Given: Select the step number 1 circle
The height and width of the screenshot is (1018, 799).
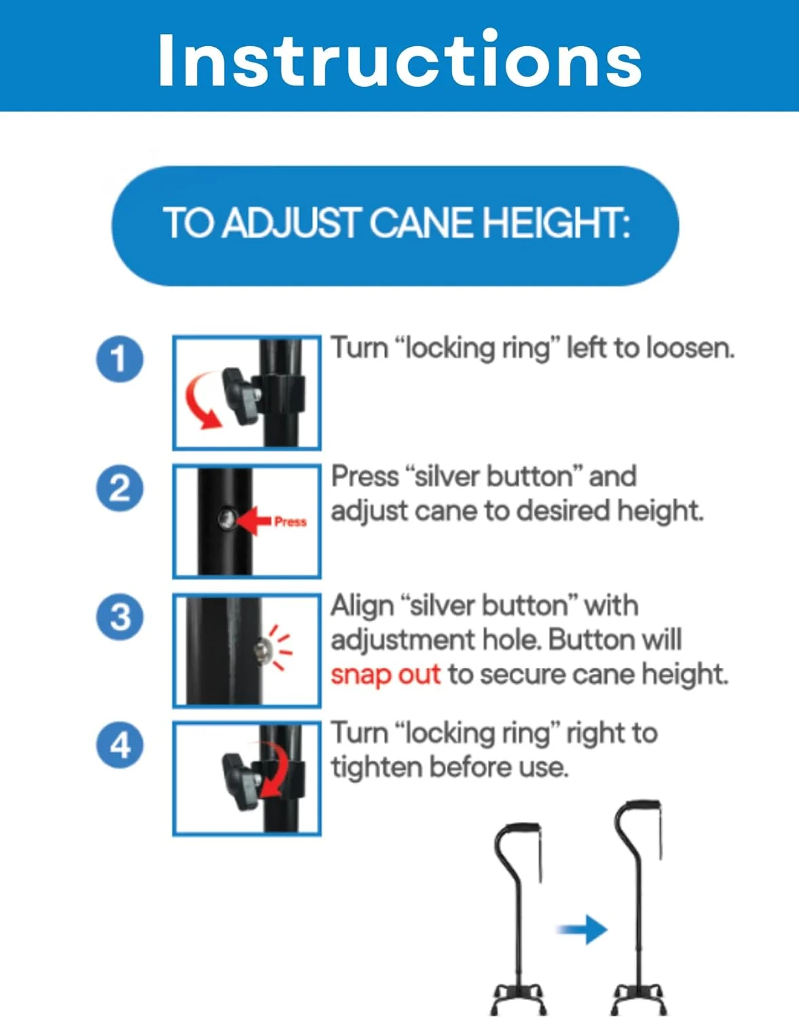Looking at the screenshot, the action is (x=120, y=359).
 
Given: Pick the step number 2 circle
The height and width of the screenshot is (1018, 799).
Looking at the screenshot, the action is (x=120, y=488).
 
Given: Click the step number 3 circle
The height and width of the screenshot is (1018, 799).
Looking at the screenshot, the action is (x=120, y=616).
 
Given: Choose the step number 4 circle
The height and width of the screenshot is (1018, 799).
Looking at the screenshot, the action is (x=120, y=745).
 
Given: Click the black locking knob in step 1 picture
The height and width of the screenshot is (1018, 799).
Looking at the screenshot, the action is (x=240, y=396).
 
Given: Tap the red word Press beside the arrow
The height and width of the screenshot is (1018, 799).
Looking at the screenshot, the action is (x=290, y=521).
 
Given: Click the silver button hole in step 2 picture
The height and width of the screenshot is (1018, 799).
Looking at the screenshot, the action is (x=227, y=520).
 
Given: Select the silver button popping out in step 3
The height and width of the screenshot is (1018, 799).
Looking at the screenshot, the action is (x=261, y=650).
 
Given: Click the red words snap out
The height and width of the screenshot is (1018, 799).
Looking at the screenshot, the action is (x=385, y=675).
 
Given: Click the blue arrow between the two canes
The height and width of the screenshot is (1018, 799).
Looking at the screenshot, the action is (x=582, y=930).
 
